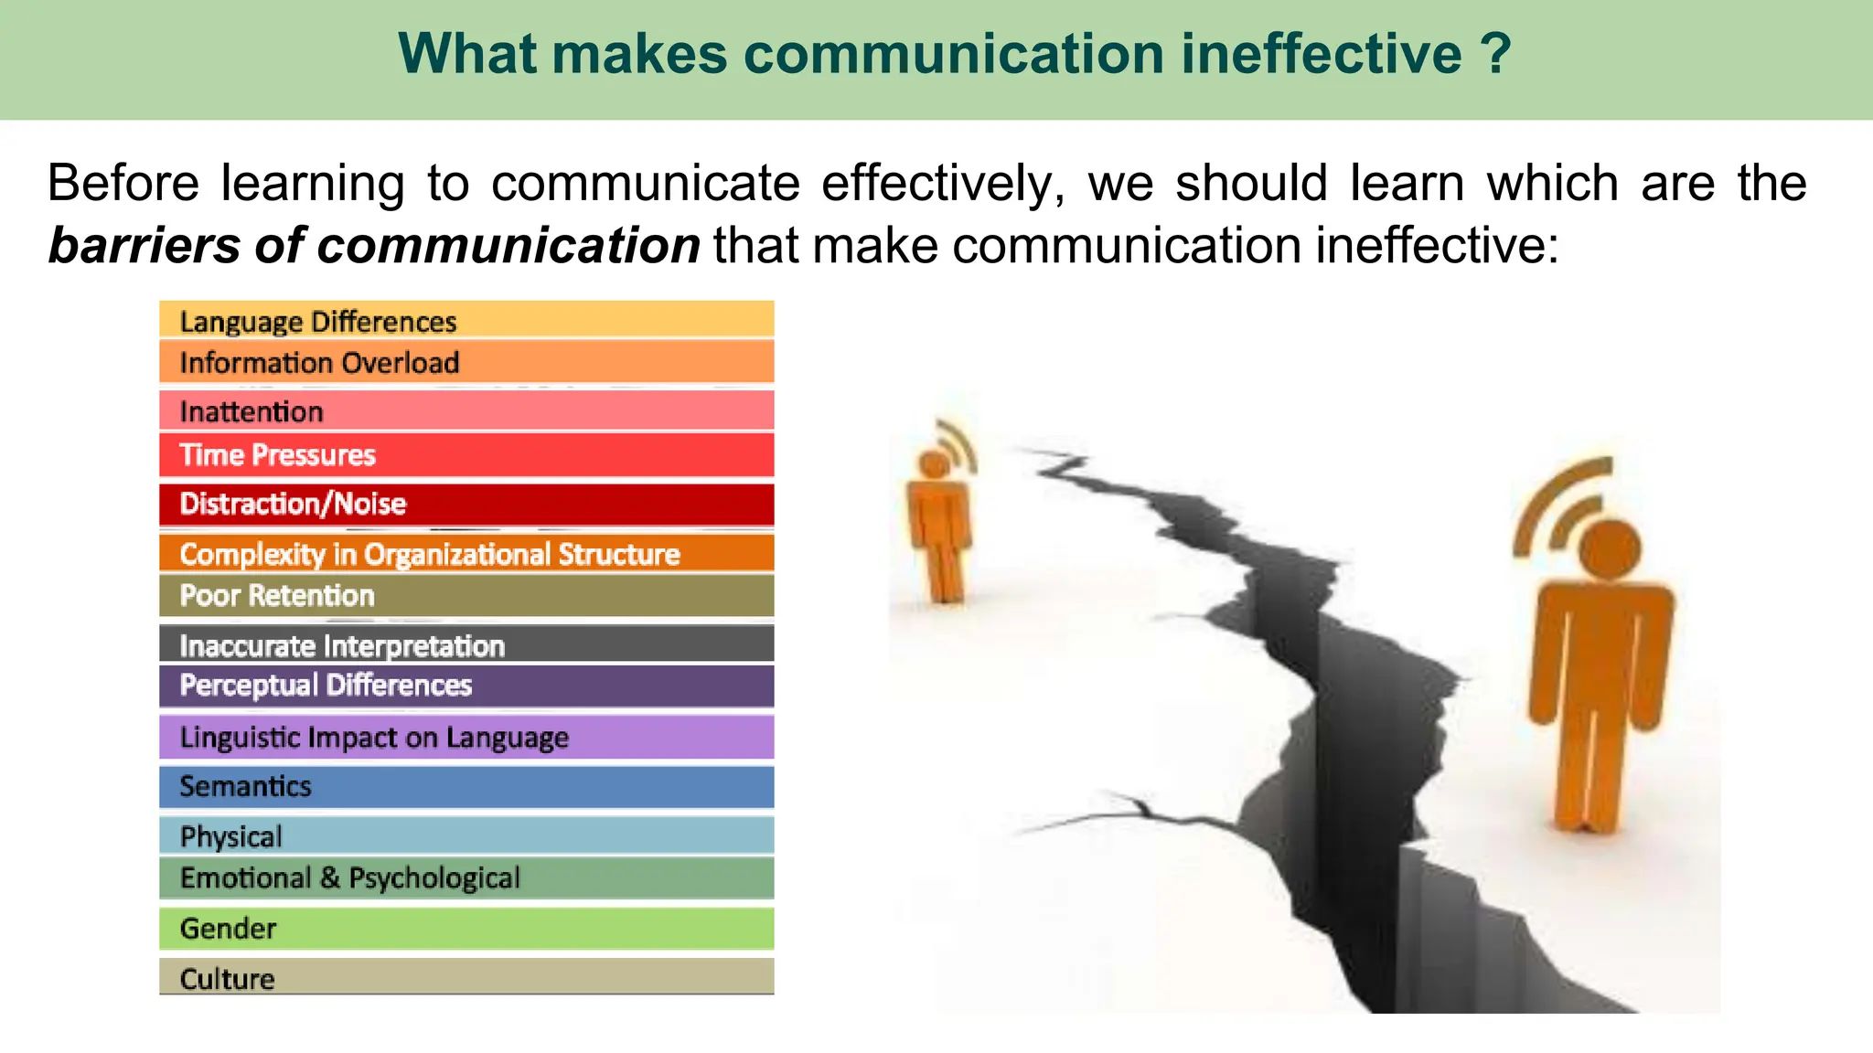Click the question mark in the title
click(x=1496, y=53)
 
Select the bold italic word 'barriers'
click(x=144, y=245)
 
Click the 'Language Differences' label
click(x=317, y=322)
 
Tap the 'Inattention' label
click(x=252, y=411)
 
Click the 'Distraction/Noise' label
click(x=293, y=504)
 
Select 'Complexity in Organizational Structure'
click(x=430, y=554)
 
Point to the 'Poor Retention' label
click(x=277, y=596)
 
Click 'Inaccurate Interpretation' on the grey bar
click(x=342, y=645)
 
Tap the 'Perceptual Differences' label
click(x=326, y=686)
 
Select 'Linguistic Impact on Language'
click(x=374, y=738)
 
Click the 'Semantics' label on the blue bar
click(x=245, y=786)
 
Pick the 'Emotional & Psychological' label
click(x=350, y=878)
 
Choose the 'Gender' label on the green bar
click(x=228, y=929)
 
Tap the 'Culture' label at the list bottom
click(x=227, y=978)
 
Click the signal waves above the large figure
click(x=1559, y=503)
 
